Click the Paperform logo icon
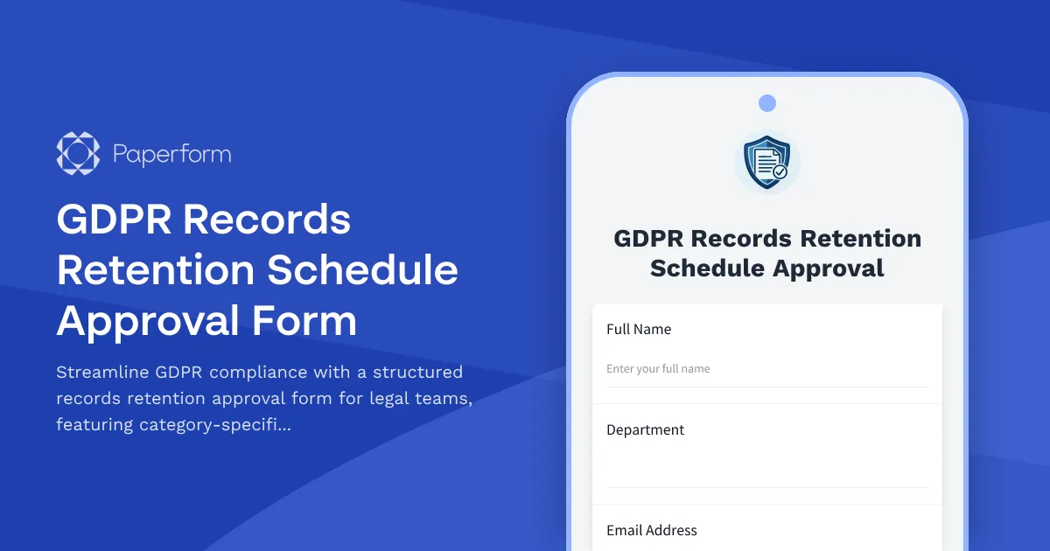click(78, 154)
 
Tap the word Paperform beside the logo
click(172, 155)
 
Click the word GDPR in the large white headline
click(112, 220)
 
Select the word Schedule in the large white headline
click(362, 270)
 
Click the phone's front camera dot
click(767, 103)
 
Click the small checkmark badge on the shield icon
click(780, 171)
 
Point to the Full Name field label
click(639, 330)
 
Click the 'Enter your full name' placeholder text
click(658, 369)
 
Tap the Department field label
click(645, 430)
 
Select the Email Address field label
click(652, 531)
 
